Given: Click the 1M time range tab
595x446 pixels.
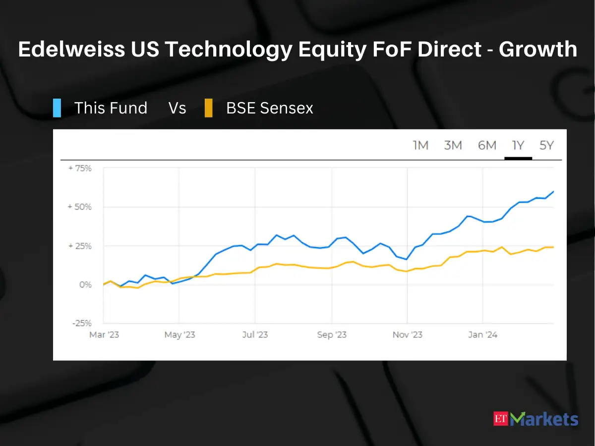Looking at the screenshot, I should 420,145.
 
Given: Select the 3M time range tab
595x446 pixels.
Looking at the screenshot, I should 453,145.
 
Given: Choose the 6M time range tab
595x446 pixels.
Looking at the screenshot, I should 487,145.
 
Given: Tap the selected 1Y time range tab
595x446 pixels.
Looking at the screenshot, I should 518,145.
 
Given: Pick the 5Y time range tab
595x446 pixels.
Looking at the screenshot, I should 546,145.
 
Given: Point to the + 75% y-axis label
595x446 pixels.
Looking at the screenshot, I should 79,168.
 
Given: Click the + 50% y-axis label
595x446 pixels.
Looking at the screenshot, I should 79,207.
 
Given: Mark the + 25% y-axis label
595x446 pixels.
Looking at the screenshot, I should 79,246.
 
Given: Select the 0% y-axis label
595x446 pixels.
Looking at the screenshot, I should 85,284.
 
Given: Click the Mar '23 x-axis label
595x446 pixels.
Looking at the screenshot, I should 104,335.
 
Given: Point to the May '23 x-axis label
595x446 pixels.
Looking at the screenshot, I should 179,335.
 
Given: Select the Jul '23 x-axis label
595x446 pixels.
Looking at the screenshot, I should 255,335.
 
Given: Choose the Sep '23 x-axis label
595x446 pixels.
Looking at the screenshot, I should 332,335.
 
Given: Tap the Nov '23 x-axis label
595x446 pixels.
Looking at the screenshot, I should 408,335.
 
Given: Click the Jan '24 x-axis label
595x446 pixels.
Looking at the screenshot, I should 483,335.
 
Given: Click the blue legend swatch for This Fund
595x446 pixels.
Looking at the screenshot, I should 57,108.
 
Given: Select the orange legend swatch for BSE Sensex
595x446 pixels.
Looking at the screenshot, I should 209,108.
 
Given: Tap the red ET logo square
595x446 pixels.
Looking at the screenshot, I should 501,418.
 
